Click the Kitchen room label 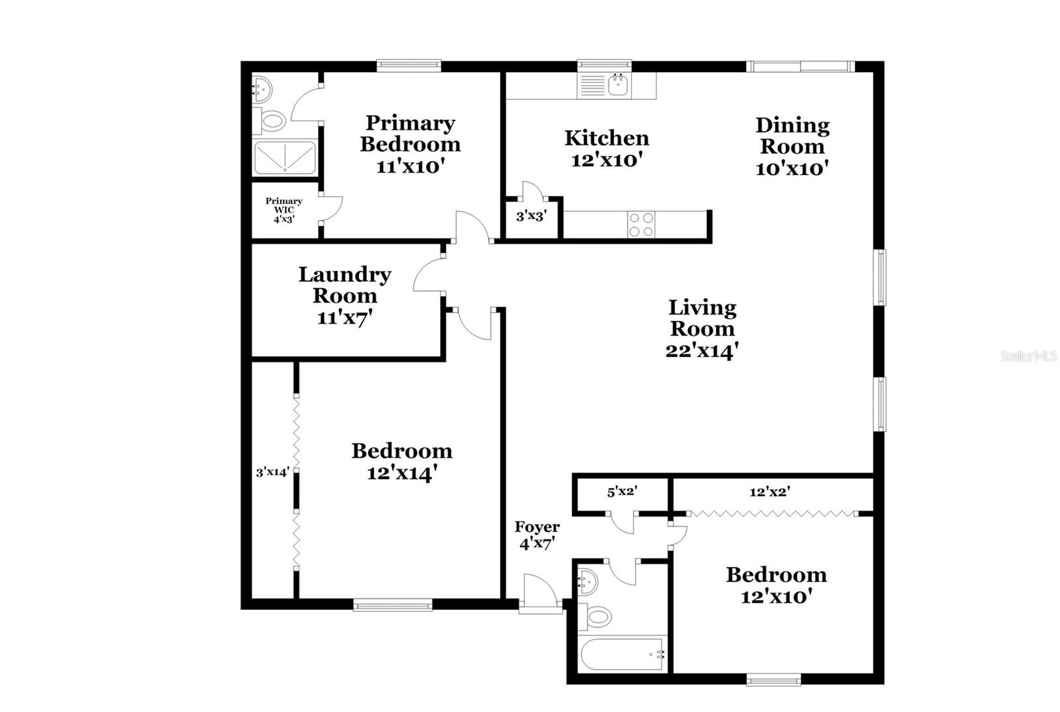(x=606, y=138)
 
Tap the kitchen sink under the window (x=617, y=85)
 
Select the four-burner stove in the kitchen (x=641, y=225)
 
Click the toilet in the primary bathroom (x=272, y=121)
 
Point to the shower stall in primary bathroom (x=285, y=158)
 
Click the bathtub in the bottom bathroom (x=623, y=654)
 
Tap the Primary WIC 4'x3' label (x=284, y=210)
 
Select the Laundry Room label (x=344, y=285)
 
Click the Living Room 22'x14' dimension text (x=702, y=350)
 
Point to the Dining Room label (x=792, y=135)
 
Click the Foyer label (x=537, y=527)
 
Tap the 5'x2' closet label (x=622, y=492)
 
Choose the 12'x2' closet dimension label (x=770, y=492)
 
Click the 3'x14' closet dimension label (x=273, y=472)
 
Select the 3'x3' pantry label (x=531, y=216)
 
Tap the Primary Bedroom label (x=410, y=133)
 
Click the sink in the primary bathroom (x=261, y=88)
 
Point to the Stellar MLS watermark (x=1029, y=356)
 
